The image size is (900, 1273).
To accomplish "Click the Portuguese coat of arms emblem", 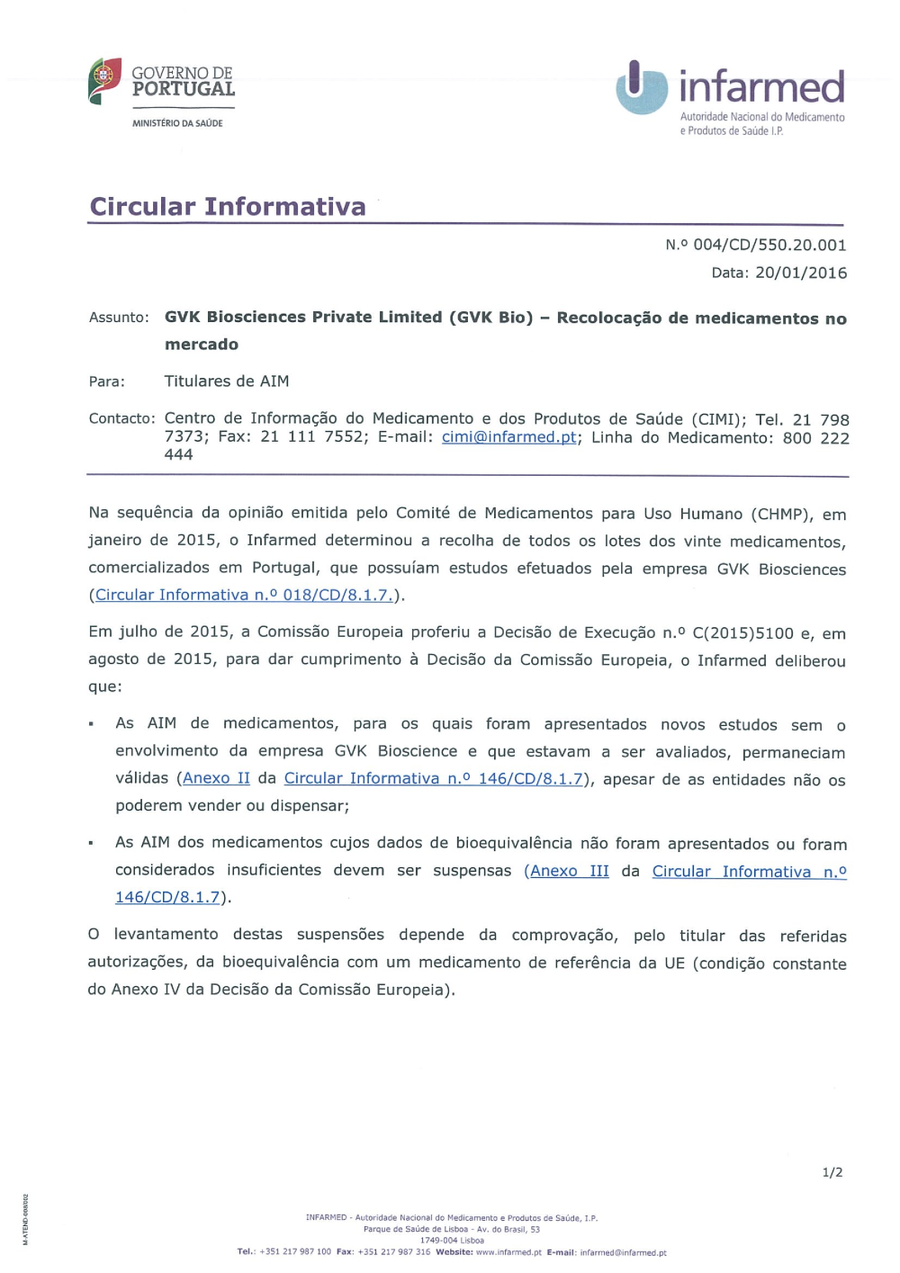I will tap(104, 80).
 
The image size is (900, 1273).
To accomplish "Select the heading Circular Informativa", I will tap(228, 207).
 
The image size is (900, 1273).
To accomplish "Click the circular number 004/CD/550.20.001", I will tap(769, 245).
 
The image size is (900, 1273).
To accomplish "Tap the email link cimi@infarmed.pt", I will tap(508, 437).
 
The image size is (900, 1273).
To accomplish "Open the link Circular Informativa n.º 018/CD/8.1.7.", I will tap(244, 595).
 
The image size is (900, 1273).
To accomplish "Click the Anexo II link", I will tap(216, 778).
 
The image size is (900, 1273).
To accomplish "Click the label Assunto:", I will tap(119, 318).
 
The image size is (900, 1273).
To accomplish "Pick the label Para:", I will tap(107, 381).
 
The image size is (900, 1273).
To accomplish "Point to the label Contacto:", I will tap(121, 418).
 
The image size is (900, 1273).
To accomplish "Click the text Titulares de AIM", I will tap(227, 381).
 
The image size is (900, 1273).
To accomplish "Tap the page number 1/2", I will tap(832, 1172).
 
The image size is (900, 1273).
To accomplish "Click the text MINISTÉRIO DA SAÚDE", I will tap(177, 123).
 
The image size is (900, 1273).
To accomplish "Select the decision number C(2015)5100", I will tap(742, 632).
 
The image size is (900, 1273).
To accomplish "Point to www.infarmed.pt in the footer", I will tap(508, 1252).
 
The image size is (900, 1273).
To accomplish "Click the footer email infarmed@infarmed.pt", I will tap(623, 1252).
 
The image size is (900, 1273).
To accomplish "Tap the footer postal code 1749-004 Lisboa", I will tap(452, 1241).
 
